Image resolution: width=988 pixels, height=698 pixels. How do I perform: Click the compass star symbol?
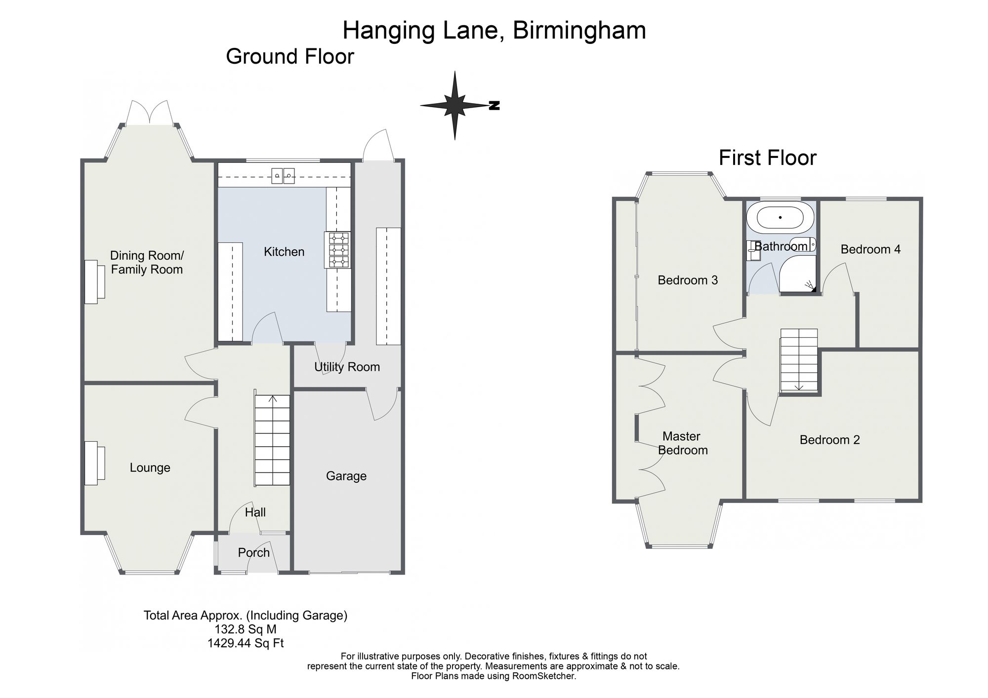pos(455,105)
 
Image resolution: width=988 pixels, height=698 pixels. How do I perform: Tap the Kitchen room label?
pos(284,252)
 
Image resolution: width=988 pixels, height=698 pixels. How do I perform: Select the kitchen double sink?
pos(283,176)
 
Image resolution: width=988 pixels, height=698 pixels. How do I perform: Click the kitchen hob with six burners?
pos(337,250)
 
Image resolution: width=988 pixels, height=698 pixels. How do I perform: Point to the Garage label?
pos(346,476)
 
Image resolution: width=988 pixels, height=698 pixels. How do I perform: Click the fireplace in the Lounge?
pos(94,463)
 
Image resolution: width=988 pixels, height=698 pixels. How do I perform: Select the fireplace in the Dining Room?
pos(94,282)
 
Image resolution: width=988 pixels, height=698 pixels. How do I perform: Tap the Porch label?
pos(254,552)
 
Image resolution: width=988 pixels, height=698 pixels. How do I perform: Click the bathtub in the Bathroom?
pos(780,217)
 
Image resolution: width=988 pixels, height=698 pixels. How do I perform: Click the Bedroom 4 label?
pos(870,249)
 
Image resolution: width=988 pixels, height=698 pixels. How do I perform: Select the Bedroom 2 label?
pos(830,440)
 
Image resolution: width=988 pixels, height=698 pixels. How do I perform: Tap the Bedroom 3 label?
pos(688,280)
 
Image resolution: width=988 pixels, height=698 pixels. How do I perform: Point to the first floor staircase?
pos(799,360)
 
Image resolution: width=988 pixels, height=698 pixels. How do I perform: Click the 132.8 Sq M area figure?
pos(246,629)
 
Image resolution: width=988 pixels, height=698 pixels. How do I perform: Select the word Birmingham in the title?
pos(579,31)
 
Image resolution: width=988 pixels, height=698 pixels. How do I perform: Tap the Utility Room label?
pos(347,367)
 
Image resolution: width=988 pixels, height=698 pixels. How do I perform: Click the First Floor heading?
pos(768,158)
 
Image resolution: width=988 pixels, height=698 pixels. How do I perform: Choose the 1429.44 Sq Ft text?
pos(246,643)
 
